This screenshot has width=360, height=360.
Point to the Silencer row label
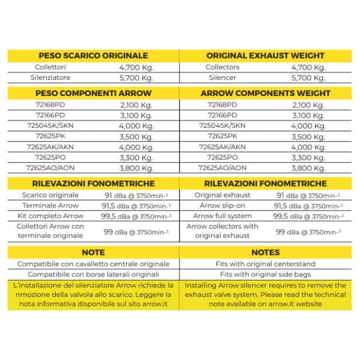[223, 78]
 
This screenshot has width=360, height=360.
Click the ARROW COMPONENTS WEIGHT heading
[266, 93]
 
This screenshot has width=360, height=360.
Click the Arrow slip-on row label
[223, 206]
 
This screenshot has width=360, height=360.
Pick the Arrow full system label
[223, 216]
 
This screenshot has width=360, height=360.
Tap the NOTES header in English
[266, 253]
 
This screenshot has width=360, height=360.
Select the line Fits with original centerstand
[266, 264]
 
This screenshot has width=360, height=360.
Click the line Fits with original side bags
[266, 274]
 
